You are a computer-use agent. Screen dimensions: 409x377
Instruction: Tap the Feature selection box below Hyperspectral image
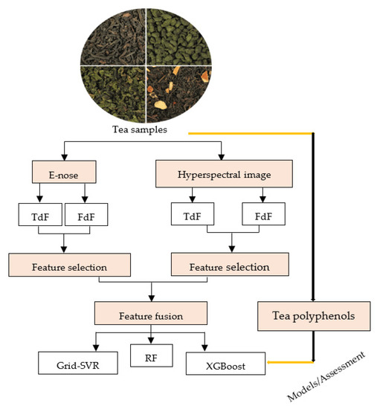[x=230, y=265]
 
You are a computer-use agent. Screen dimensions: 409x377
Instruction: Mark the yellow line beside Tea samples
[x=250, y=133]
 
